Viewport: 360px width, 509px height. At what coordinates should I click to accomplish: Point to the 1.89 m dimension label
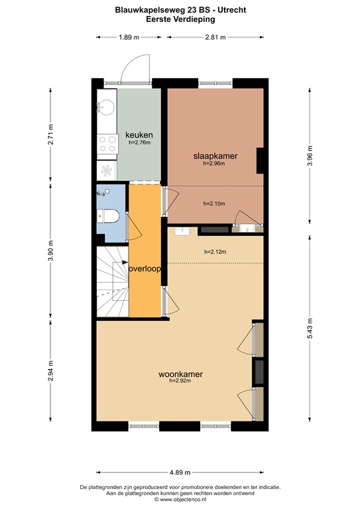(129, 37)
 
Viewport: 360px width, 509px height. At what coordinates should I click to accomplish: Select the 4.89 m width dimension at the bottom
(180, 472)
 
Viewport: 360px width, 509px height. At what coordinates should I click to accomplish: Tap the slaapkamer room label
(215, 156)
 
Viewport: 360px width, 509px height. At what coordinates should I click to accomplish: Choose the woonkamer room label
(180, 374)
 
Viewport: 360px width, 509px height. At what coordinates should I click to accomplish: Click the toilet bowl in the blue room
(110, 217)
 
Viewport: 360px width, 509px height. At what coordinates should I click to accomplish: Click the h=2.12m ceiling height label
(215, 252)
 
